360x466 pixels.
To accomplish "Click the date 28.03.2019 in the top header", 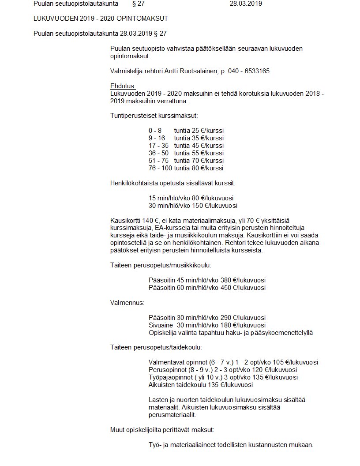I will pos(246,4).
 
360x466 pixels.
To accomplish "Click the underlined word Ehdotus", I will pos(123,86).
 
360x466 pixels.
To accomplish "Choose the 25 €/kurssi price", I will pos(207,131).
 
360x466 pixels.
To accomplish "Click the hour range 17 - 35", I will pos(158,146).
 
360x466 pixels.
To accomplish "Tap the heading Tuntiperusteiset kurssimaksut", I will pos(154,116).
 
